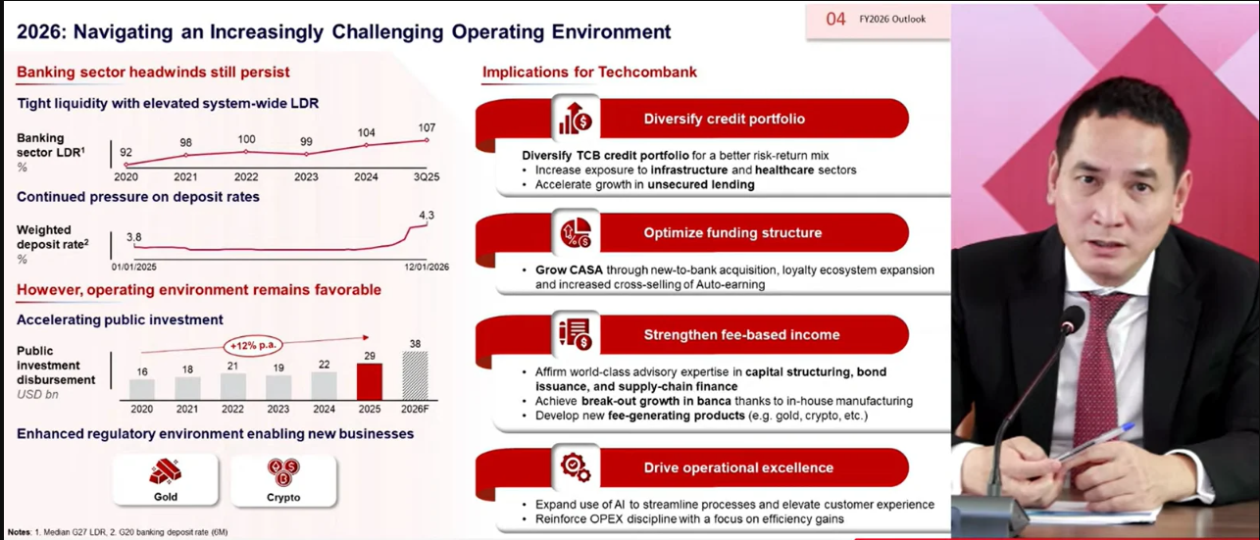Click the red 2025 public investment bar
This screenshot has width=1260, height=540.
pyautogui.click(x=369, y=381)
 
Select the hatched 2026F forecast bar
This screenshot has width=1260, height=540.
pyautogui.click(x=415, y=375)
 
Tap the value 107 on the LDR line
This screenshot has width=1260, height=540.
pyautogui.click(x=427, y=127)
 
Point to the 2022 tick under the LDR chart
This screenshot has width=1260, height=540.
pyautogui.click(x=246, y=176)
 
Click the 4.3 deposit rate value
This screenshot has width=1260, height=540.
pyautogui.click(x=427, y=215)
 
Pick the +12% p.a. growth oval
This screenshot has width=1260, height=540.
pyautogui.click(x=253, y=345)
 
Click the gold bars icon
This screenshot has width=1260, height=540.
pyautogui.click(x=166, y=471)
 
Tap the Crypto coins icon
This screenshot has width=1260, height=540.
pyautogui.click(x=283, y=472)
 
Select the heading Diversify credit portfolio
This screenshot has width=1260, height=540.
pyautogui.click(x=724, y=119)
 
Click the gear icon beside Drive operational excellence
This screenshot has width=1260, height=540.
pyautogui.click(x=576, y=467)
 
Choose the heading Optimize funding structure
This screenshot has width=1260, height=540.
pyautogui.click(x=732, y=233)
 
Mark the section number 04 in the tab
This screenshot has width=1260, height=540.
pyautogui.click(x=835, y=20)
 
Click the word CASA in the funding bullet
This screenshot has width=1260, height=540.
pyautogui.click(x=585, y=270)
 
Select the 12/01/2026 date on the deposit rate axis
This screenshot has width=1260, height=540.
pyautogui.click(x=427, y=267)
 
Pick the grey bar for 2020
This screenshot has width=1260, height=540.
pyautogui.click(x=142, y=389)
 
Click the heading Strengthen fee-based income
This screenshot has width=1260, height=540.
pyautogui.click(x=741, y=335)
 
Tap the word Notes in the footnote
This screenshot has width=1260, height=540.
pyautogui.click(x=19, y=531)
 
